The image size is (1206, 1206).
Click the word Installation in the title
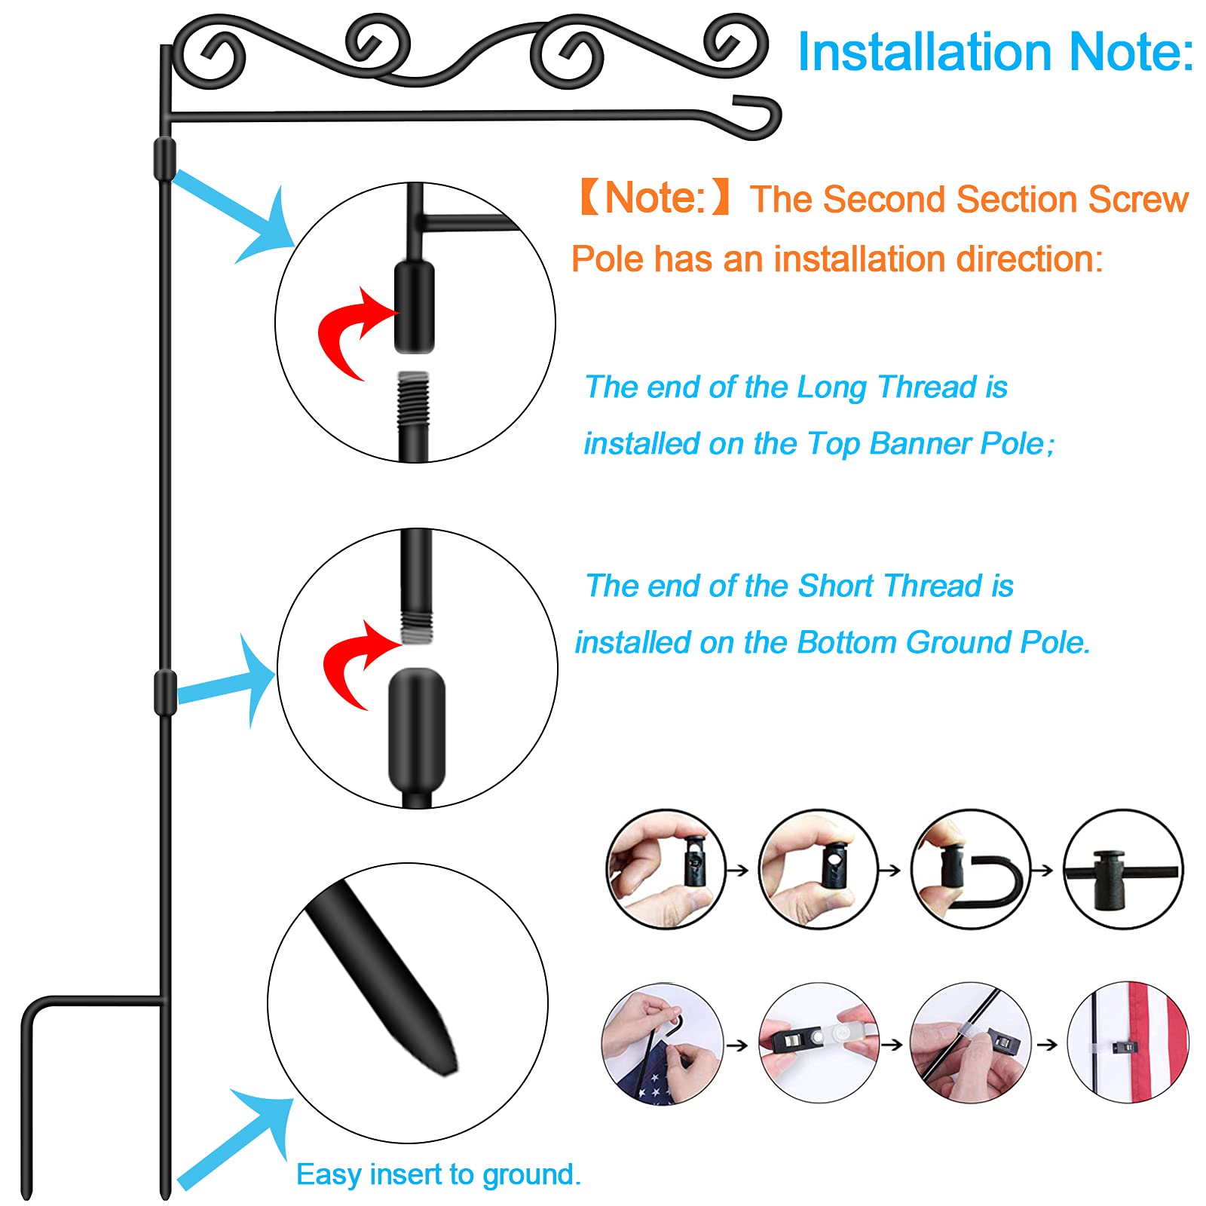(x=924, y=53)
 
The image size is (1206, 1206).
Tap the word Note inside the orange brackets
(x=654, y=198)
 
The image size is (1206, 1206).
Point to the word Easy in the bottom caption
(x=329, y=1174)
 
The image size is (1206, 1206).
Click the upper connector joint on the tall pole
(x=165, y=158)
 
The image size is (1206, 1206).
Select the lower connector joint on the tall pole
(x=165, y=692)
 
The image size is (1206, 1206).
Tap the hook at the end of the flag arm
(x=758, y=117)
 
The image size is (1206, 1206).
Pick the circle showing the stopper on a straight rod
(x=1123, y=869)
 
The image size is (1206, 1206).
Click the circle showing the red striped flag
(x=1128, y=1043)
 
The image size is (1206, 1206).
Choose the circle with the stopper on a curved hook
(x=970, y=869)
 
